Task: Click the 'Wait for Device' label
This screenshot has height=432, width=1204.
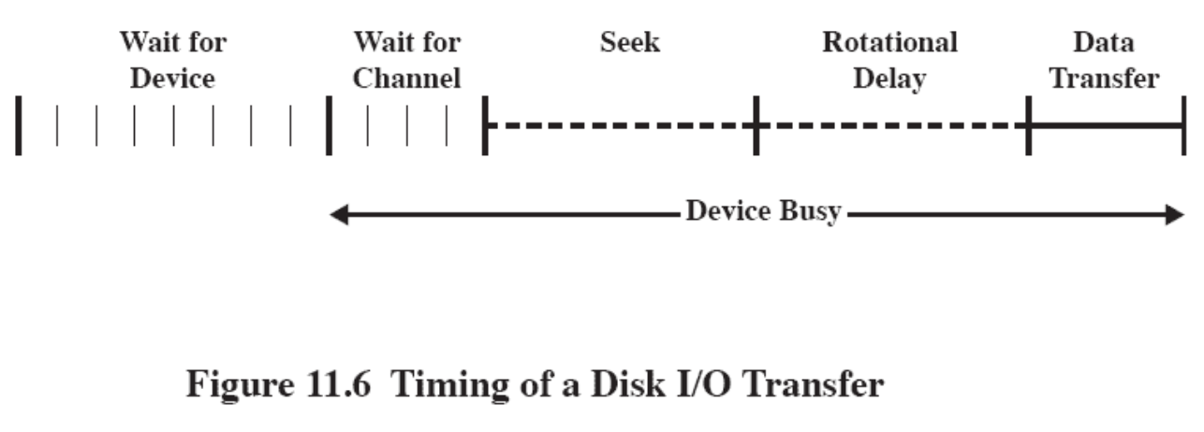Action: [172, 60]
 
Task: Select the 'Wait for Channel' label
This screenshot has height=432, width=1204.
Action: [406, 60]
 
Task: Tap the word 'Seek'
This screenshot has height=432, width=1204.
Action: [629, 42]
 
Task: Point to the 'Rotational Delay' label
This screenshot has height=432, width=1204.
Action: [889, 60]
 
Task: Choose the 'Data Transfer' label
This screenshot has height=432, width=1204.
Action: [1103, 60]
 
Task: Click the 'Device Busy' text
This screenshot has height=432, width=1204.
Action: [762, 211]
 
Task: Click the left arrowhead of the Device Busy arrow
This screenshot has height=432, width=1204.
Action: [339, 216]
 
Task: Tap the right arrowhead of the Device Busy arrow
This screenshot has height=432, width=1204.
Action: [1176, 216]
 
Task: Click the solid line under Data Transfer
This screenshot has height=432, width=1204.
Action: [1106, 125]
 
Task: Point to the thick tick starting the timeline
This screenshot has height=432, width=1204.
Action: [18, 125]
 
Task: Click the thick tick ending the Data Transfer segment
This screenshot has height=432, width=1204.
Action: [1183, 125]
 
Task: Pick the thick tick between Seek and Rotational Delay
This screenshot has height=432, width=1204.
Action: [756, 125]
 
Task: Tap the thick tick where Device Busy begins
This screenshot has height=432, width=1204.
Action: [329, 125]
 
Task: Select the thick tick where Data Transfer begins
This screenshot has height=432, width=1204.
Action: [1028, 125]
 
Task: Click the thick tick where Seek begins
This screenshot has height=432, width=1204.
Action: [484, 125]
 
